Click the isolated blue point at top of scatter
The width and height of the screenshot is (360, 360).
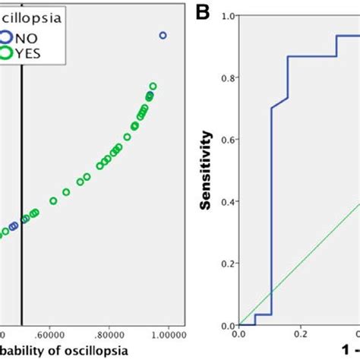(x=163, y=36)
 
